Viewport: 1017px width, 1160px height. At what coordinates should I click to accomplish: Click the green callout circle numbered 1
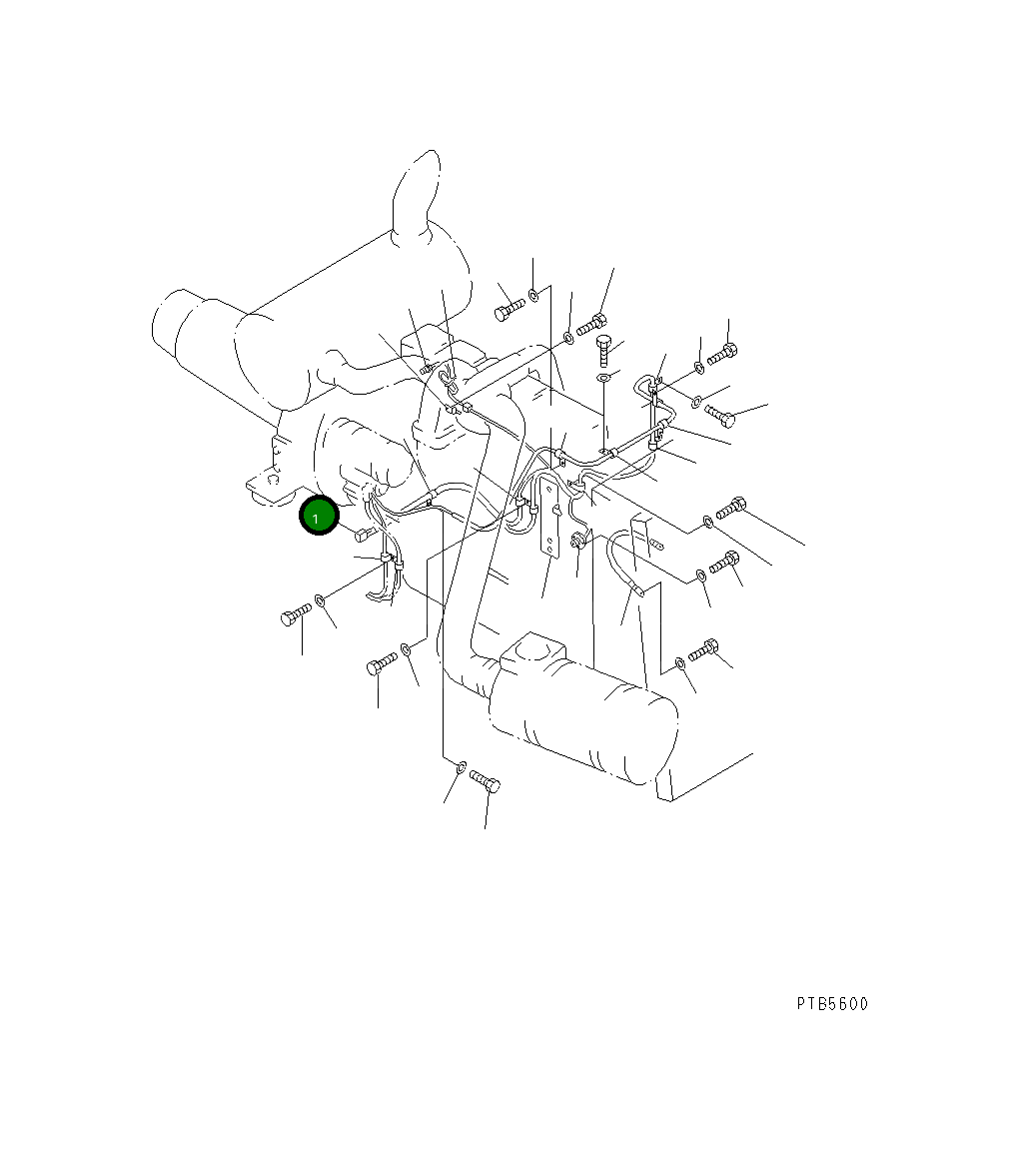[x=319, y=517]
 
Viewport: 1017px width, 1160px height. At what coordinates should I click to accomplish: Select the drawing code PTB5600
[x=832, y=1004]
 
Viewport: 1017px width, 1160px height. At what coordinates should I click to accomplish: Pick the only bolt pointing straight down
[x=602, y=349]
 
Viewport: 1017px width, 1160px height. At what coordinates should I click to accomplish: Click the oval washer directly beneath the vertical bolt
[x=604, y=379]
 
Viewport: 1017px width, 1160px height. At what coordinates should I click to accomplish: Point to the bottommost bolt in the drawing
[x=486, y=780]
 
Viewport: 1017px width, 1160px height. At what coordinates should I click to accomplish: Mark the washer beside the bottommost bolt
[x=461, y=765]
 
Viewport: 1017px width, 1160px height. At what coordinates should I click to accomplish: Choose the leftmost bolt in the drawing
[x=297, y=614]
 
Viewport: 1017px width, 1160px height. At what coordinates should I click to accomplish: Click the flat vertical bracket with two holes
[x=548, y=515]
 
